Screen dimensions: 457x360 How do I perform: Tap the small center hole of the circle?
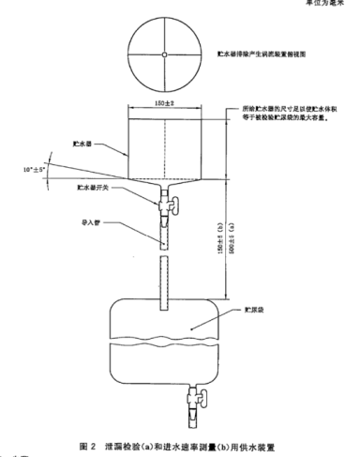(163, 53)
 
